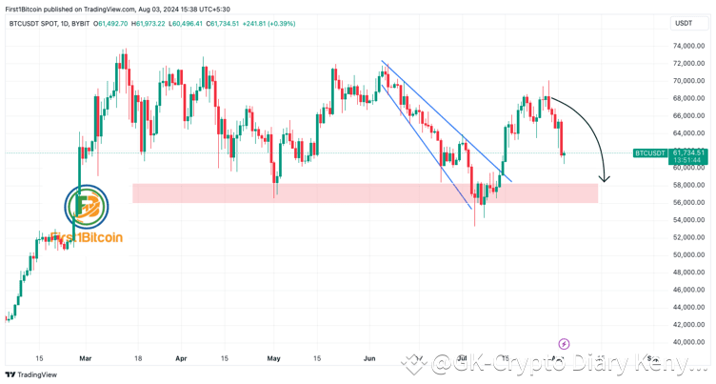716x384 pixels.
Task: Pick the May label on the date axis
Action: pyautogui.click(x=274, y=359)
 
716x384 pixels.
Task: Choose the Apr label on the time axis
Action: pyautogui.click(x=181, y=359)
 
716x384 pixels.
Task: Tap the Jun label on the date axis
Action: pyautogui.click(x=369, y=359)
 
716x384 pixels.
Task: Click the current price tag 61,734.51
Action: pyautogui.click(x=687, y=152)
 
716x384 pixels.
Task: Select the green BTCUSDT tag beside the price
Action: pyautogui.click(x=649, y=152)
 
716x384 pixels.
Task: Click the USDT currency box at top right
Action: pyautogui.click(x=683, y=22)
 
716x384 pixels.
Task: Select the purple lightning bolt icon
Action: pyautogui.click(x=563, y=343)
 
